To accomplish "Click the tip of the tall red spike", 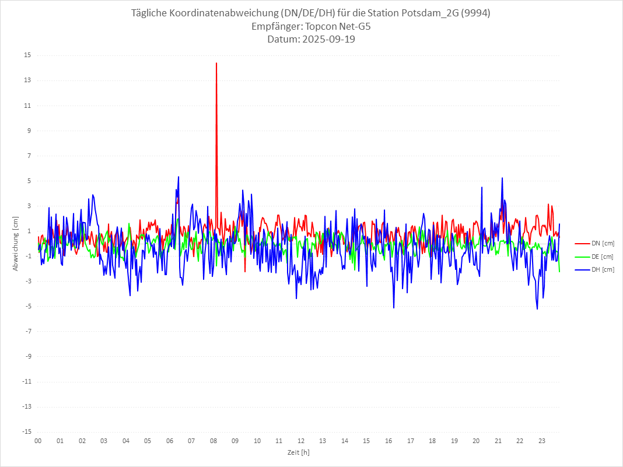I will tap(216, 63).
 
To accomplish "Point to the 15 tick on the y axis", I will tap(28, 55).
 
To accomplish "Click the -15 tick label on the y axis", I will tap(27, 432).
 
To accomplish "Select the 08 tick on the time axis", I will tap(213, 441).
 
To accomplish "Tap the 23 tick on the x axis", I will tap(542, 441).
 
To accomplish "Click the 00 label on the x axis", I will tap(38, 441).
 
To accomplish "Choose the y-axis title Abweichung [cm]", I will tap(16, 244).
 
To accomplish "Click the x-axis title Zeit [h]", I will tap(299, 452).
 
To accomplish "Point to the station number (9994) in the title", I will tap(475, 13).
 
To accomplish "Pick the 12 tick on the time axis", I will tap(301, 441).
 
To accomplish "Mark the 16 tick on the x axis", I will tap(388, 441).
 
